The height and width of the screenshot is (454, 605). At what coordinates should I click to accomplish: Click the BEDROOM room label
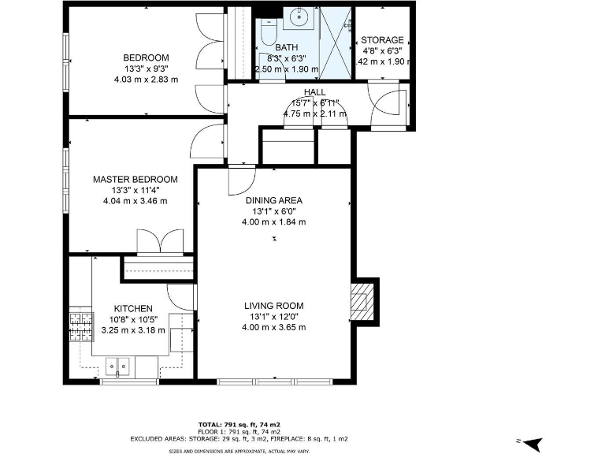point(146,58)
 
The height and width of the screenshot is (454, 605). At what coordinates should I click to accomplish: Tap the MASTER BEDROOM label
point(135,180)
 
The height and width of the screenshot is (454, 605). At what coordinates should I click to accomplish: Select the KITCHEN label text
point(133,308)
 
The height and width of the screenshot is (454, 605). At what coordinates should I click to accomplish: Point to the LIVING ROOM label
point(273,306)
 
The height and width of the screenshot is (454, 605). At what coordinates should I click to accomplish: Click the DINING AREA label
point(273,200)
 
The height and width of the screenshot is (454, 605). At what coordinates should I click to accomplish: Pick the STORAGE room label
point(382,40)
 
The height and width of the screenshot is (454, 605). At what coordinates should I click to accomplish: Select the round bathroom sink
point(299,16)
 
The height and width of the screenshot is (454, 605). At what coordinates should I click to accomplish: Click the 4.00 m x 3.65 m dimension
point(273,327)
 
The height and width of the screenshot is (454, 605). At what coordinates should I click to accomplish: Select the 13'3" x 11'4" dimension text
point(135,190)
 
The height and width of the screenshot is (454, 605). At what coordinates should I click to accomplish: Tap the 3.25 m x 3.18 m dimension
point(133,329)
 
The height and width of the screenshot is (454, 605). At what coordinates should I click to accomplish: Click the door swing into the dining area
point(237,182)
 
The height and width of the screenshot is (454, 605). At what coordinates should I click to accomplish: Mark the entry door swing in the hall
point(389,108)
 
